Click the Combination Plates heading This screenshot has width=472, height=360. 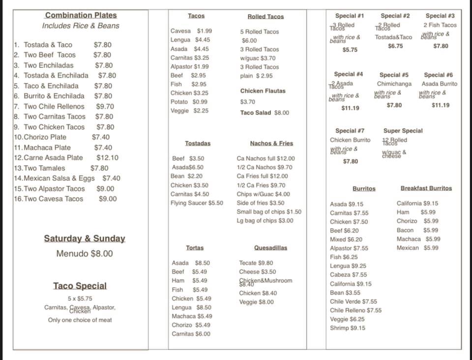[x=81, y=15]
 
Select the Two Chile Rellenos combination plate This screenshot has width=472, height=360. [x=54, y=106]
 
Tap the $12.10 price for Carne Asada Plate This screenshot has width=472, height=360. [x=107, y=158]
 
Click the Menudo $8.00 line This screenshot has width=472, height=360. [x=84, y=254]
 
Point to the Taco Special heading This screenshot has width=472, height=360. [x=80, y=286]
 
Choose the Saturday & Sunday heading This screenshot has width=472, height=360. [x=85, y=239]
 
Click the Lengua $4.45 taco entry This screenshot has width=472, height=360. [x=190, y=40]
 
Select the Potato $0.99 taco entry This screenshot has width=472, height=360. [x=189, y=102]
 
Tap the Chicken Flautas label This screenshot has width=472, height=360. [x=263, y=91]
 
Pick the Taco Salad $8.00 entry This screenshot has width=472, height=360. [x=265, y=113]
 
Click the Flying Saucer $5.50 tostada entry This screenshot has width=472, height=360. [x=197, y=203]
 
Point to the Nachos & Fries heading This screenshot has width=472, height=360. [x=271, y=144]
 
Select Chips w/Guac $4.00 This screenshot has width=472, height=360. [x=263, y=194]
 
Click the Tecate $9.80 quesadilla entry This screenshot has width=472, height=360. [x=256, y=263]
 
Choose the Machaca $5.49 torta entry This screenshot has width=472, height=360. [x=192, y=316]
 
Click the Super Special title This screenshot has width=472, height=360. [x=403, y=131]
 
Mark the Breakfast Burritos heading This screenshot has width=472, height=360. [x=426, y=188]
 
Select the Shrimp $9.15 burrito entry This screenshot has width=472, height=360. [x=348, y=328]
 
